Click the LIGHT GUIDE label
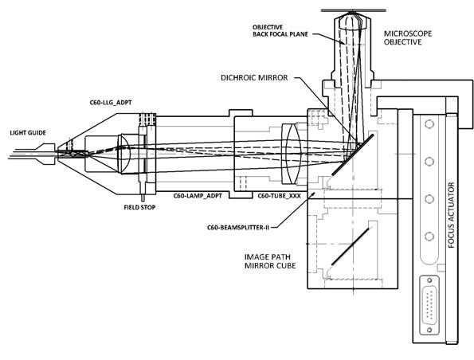coord(28,133)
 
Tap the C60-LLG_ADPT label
coord(111,103)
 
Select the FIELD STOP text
coord(139,207)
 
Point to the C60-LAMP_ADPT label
coord(198,196)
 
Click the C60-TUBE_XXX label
coord(280,196)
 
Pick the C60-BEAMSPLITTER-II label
coord(238,227)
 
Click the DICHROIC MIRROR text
coord(254,78)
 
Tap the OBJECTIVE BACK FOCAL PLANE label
coord(280,31)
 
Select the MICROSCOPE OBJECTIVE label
coord(408,37)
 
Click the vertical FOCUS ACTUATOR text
coord(452,215)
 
